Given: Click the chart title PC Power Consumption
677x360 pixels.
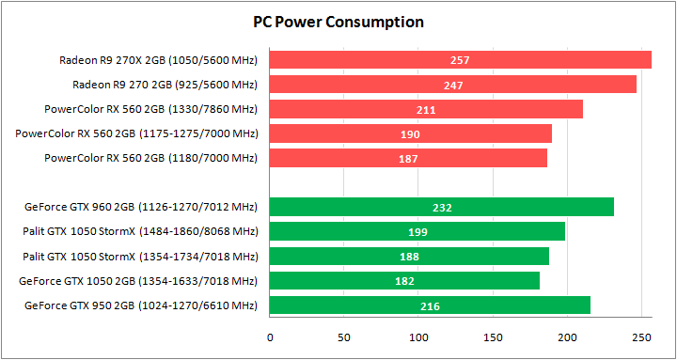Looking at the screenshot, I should point(338,22).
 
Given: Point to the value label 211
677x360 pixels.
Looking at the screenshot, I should point(426,110).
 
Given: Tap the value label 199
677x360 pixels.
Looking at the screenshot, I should point(417,232).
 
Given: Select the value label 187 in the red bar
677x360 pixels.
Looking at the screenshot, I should point(409,159).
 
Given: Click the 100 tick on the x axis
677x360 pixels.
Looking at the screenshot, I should point(418,336).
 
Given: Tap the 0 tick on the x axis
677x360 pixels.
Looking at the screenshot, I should point(270,336).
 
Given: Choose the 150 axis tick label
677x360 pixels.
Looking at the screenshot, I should point(493,336).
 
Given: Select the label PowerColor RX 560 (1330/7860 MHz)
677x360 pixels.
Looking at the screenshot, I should point(150,109).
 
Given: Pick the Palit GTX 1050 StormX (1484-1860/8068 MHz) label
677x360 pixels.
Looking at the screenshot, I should point(140,231).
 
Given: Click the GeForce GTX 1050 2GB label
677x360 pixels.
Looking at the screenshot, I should point(138,280).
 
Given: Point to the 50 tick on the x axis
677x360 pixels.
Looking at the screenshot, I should point(344,336).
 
